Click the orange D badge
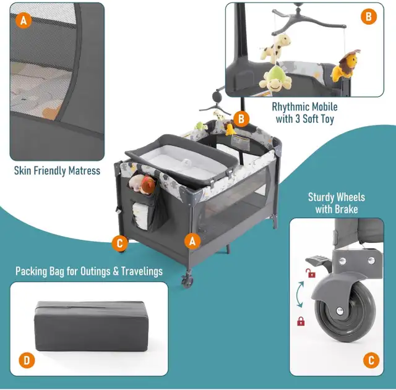click(27, 360)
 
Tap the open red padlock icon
click(311, 273)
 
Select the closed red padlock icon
click(301, 321)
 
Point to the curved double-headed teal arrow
click(299, 295)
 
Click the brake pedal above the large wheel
click(317, 261)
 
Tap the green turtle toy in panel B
click(275, 79)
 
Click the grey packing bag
click(91, 326)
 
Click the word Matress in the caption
click(84, 171)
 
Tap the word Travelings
click(142, 272)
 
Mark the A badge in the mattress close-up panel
click(24, 20)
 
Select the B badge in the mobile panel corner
click(369, 17)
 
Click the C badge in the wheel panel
click(371, 360)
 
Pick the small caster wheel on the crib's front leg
click(187, 281)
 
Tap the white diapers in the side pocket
click(140, 214)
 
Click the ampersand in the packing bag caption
click(116, 271)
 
